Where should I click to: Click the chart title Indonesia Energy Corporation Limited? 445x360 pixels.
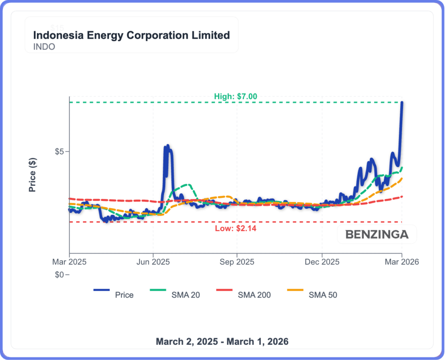[131, 35]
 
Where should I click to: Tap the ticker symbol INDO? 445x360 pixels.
[44, 47]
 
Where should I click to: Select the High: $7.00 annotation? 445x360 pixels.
[236, 96]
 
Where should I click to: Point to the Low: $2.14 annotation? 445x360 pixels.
[236, 228]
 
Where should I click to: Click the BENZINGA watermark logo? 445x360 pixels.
[377, 235]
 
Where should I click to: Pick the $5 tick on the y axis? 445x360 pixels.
[59, 152]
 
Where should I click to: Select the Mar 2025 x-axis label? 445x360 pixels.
[69, 262]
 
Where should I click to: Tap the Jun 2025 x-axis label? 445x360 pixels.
[153, 262]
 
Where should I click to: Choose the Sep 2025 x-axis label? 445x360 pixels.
[237, 262]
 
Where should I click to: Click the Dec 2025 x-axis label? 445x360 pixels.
[322, 262]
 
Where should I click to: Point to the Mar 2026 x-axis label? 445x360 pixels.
[402, 262]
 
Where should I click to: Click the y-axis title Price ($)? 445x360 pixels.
[33, 175]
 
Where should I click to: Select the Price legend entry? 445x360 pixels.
[124, 295]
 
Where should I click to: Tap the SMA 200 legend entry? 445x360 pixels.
[254, 295]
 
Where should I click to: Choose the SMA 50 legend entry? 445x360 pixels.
[322, 295]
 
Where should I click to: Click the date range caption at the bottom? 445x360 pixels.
[222, 341]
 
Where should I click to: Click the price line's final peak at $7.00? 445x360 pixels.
[402, 103]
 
